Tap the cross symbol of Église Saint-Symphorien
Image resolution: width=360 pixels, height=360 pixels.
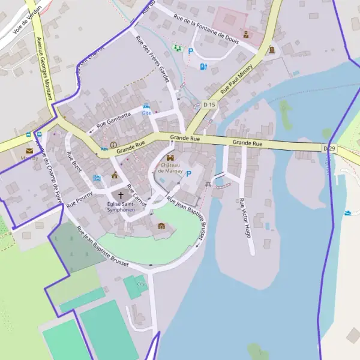point(121,195)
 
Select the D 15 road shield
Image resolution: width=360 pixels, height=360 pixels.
point(209,104)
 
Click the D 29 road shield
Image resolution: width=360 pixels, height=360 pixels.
point(329,148)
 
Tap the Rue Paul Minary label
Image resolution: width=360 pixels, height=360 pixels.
point(237,80)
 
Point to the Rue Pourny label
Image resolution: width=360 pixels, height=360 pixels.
point(79,199)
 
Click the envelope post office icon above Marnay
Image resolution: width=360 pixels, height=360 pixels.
point(29,151)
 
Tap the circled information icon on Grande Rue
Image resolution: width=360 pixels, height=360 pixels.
point(113,145)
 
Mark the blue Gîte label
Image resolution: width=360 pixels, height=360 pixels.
point(146,112)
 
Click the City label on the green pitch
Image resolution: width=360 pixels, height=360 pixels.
point(142,284)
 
